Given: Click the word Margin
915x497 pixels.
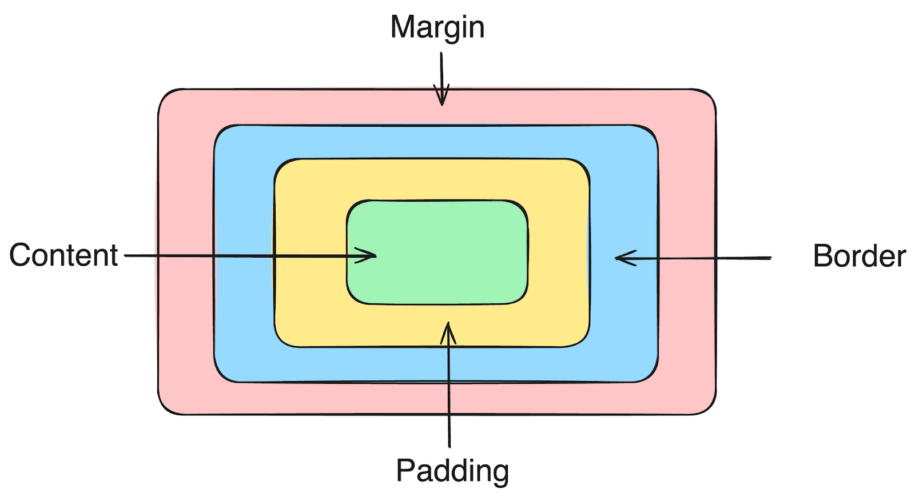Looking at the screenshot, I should pos(437,27).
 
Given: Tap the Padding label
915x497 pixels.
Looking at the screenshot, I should pos(452,471).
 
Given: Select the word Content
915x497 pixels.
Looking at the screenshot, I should pos(63,255).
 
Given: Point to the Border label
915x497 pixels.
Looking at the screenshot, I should pos(859,256).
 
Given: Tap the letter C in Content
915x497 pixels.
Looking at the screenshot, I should pos(20,255).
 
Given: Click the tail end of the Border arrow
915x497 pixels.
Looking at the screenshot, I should pos(770,258).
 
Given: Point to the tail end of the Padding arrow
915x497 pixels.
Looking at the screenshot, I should pos(449,446).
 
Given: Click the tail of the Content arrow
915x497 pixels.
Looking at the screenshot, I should pos(126,255).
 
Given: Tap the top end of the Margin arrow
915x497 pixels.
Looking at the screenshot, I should pos(441,54).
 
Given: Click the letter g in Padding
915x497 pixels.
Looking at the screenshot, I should pos(499,474).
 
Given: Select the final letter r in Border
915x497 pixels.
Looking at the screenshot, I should pos(901,259).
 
